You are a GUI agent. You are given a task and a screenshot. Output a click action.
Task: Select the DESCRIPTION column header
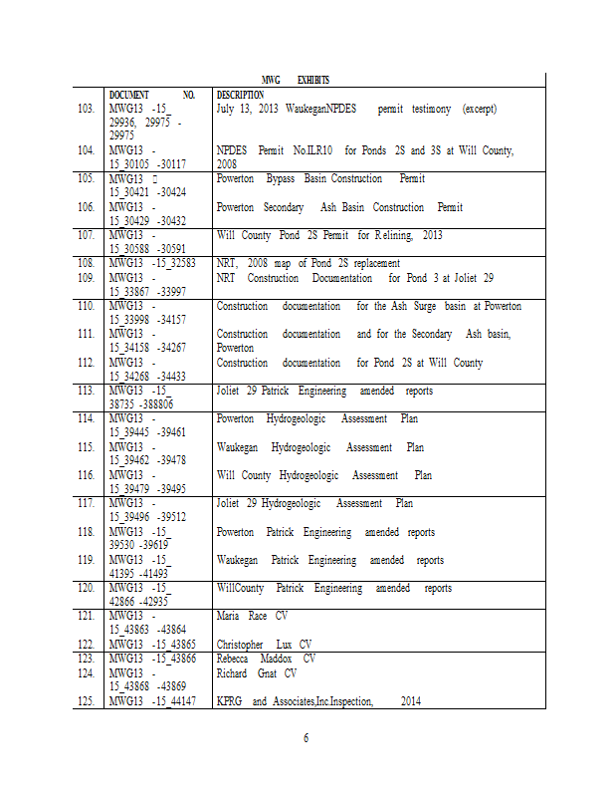(240, 95)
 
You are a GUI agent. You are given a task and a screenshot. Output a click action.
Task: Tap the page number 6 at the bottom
(307, 738)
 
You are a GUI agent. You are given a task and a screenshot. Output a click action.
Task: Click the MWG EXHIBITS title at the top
(296, 80)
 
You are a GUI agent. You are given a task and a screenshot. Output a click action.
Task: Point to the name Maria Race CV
(252, 617)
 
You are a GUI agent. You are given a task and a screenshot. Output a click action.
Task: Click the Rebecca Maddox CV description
(266, 659)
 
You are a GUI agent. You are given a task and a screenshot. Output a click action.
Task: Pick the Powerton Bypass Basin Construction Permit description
(320, 179)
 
